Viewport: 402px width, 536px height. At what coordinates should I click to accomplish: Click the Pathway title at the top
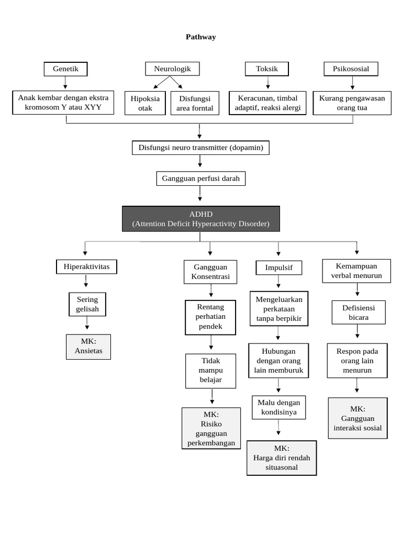[200, 37]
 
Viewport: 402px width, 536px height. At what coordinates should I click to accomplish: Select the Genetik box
[65, 69]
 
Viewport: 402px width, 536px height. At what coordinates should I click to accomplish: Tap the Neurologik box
[172, 69]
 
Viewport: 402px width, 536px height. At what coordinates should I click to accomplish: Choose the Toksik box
[266, 69]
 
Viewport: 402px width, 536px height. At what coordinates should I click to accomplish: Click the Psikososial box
[351, 69]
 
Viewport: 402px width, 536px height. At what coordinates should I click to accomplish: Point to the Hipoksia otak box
[145, 103]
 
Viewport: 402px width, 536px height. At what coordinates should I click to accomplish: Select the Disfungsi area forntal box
[195, 103]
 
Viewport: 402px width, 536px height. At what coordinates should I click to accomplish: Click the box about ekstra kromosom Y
[66, 103]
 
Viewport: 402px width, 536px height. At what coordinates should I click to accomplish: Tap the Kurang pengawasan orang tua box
[352, 103]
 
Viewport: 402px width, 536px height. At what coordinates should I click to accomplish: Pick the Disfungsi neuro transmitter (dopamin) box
[200, 148]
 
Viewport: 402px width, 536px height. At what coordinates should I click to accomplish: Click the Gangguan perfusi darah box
[200, 178]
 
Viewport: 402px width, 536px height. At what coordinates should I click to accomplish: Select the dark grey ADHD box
[200, 219]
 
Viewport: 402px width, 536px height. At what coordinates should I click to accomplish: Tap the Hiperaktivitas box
[86, 267]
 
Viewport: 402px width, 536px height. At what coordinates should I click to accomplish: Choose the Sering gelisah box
[87, 304]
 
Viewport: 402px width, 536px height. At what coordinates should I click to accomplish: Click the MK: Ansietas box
[88, 347]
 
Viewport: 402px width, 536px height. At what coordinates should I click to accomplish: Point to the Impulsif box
[278, 267]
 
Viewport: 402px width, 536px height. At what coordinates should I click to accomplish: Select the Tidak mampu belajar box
[210, 371]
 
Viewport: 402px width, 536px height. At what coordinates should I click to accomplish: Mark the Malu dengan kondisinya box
[278, 407]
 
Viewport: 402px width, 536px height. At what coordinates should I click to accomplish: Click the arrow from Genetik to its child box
[65, 83]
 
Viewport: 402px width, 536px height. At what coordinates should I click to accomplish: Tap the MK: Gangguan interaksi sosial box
[358, 418]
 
